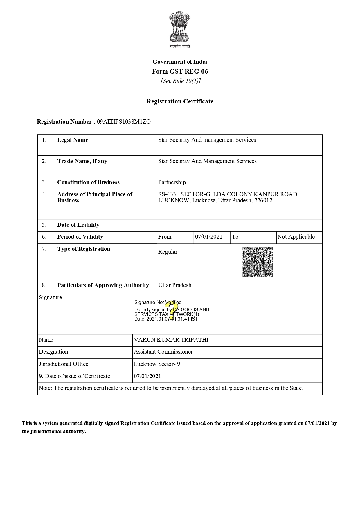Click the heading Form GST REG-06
click(180, 71)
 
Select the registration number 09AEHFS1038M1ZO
click(124, 122)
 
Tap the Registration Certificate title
click(180, 101)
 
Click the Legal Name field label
click(73, 140)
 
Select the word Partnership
click(172, 182)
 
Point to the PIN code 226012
click(263, 201)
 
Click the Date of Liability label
click(78, 225)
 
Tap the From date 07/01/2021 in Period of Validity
click(208, 237)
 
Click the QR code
click(258, 262)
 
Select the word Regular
click(168, 252)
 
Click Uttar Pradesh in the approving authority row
click(175, 285)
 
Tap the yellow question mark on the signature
click(171, 310)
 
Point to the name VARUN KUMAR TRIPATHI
click(171, 340)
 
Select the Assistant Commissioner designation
click(163, 352)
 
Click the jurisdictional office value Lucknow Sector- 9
click(157, 364)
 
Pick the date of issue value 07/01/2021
click(147, 376)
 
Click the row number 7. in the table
click(44, 249)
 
